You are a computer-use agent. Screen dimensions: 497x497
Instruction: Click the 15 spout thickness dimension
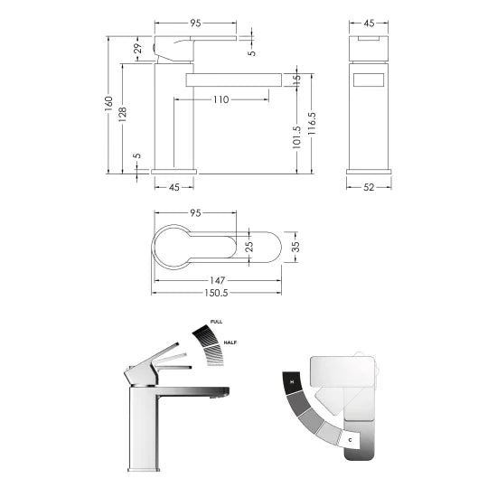point(296,79)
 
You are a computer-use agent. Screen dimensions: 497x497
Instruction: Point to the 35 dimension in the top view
point(295,246)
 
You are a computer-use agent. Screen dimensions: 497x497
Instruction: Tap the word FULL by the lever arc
point(216,322)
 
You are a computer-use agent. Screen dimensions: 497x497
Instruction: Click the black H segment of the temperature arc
point(291,382)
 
